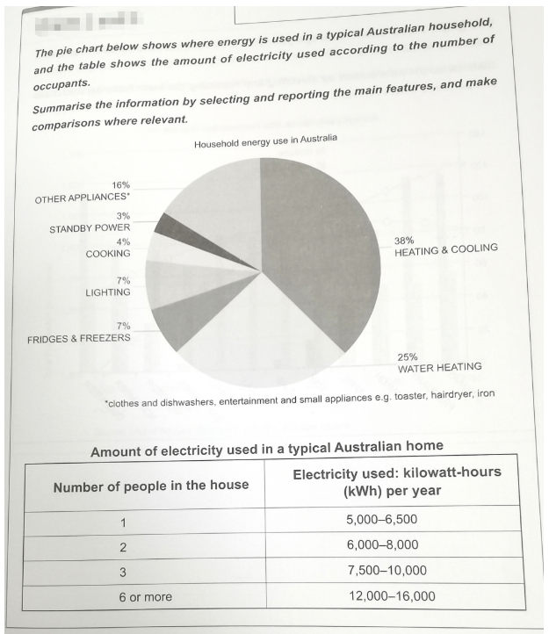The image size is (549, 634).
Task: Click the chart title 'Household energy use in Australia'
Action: [x=265, y=140]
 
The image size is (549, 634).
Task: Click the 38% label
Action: [x=406, y=238]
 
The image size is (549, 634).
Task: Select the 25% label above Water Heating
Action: [x=408, y=357]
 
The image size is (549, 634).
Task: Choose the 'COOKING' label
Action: [x=108, y=253]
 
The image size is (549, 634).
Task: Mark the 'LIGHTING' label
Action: [x=107, y=292]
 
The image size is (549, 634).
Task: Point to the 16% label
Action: [x=121, y=186]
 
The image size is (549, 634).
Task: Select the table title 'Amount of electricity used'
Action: [x=266, y=451]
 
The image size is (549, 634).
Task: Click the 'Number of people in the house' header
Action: [x=151, y=485]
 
